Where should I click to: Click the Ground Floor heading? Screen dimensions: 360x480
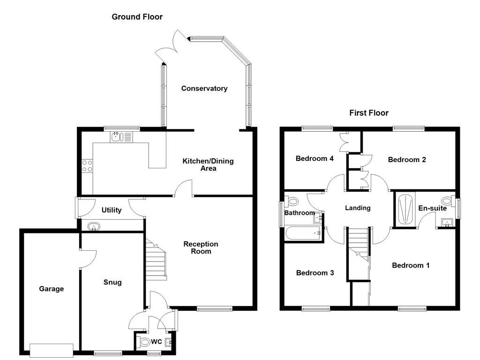[137, 17]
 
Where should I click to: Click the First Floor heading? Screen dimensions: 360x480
[368, 113]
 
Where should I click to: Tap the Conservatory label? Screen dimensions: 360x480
[204, 88]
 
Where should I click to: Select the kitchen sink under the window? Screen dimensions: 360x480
[117, 137]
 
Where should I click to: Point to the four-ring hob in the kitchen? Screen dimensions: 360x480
[87, 165]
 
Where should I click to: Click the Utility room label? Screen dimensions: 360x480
[112, 210]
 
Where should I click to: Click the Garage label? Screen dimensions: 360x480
[51, 289]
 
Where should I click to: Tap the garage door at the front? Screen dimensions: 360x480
[52, 350]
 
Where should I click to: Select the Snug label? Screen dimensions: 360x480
[112, 282]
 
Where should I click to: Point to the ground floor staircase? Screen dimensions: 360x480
[156, 261]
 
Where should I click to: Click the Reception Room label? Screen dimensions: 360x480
[201, 247]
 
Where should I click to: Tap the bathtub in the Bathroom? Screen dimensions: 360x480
[303, 233]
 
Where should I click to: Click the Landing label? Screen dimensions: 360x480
[358, 208]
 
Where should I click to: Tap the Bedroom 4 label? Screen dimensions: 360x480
[315, 158]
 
